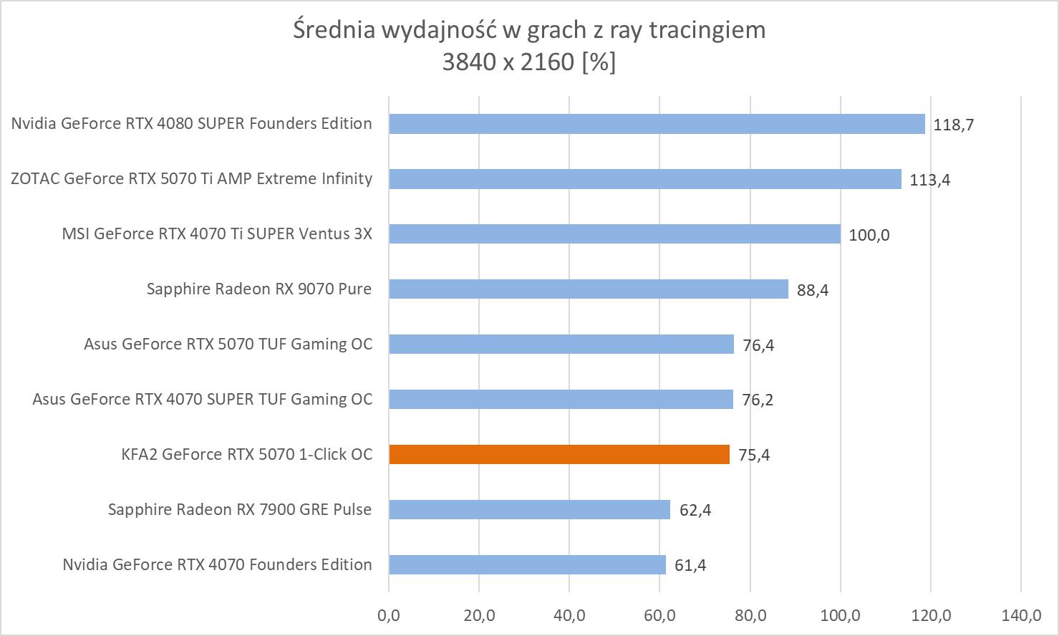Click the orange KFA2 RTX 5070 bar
(x=558, y=454)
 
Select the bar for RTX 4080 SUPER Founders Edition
(x=657, y=124)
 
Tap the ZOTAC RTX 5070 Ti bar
(x=644, y=179)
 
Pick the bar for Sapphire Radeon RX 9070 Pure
(x=588, y=289)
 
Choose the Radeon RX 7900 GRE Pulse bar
(x=529, y=509)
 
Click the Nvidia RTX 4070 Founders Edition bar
(x=527, y=564)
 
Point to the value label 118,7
(x=954, y=125)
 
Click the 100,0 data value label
(x=869, y=235)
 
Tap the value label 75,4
(x=754, y=456)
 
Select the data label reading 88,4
(x=813, y=290)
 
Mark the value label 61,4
(x=690, y=566)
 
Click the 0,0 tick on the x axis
(x=389, y=615)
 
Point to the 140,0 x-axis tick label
(x=1021, y=615)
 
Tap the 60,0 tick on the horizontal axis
(x=659, y=615)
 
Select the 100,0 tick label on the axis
(x=840, y=615)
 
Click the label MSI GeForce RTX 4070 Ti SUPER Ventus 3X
(x=217, y=233)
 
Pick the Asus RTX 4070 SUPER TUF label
(x=203, y=399)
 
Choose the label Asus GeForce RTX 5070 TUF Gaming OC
(x=228, y=344)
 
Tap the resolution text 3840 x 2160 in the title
(x=508, y=62)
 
